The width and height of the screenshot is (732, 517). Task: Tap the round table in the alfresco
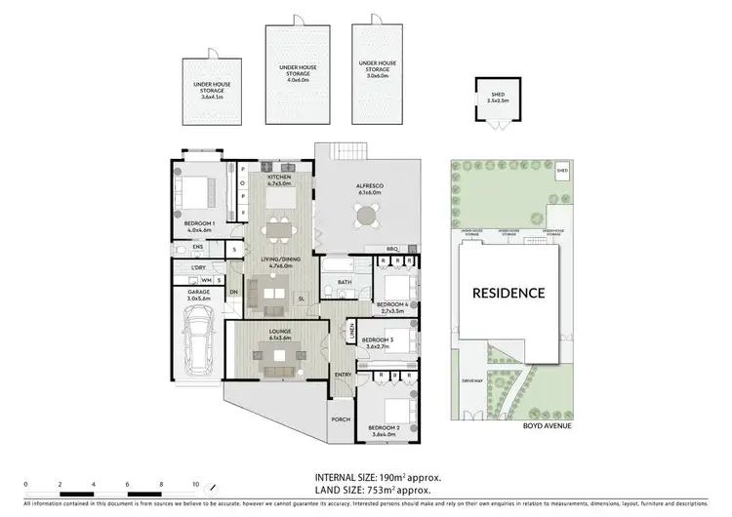click(x=366, y=216)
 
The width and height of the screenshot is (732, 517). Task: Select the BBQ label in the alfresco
click(x=393, y=249)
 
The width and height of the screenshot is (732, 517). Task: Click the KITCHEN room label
click(x=281, y=177)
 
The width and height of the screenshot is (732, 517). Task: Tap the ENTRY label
click(x=343, y=375)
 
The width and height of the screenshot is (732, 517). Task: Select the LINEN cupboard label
click(x=351, y=334)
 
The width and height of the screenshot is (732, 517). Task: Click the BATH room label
click(x=345, y=283)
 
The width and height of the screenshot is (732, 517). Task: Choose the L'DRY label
click(x=197, y=267)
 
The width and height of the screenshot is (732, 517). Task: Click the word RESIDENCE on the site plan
click(x=508, y=292)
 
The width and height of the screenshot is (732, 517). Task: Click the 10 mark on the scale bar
click(x=196, y=484)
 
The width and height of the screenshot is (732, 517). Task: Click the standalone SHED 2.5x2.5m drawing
click(x=497, y=99)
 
